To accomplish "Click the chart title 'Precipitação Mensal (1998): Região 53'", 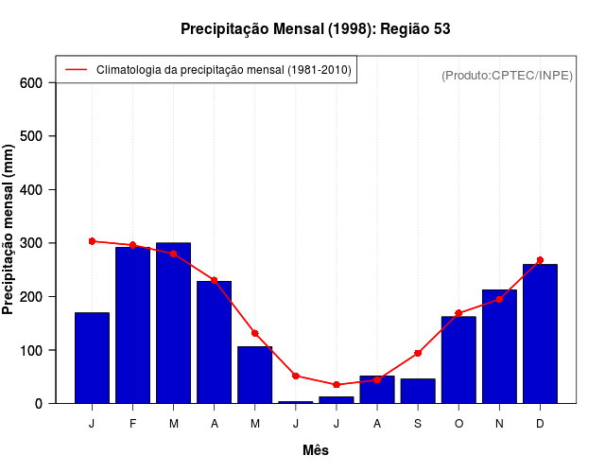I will pos(315,29).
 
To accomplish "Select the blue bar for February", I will pos(132,324).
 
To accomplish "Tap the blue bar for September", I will pos(418,391).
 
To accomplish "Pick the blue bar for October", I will pos(458,359).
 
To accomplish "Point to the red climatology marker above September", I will pos(418,353).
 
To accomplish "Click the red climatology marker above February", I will pos(132,245).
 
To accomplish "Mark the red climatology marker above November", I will pos(499,299).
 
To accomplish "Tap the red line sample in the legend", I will pos(76,70).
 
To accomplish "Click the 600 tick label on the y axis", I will pos(32,83).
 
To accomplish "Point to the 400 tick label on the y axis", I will pos(32,190).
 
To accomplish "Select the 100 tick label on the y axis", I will pos(32,351).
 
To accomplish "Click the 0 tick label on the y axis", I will pos(39,404).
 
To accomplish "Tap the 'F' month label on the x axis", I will pos(132,424).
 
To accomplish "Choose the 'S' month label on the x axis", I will pos(418,424).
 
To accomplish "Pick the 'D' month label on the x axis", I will pos(540,424).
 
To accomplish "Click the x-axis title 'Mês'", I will pos(316,450).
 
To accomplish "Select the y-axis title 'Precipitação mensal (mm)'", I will pos(9,230).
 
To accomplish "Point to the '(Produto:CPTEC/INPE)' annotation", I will pos(507,76).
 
